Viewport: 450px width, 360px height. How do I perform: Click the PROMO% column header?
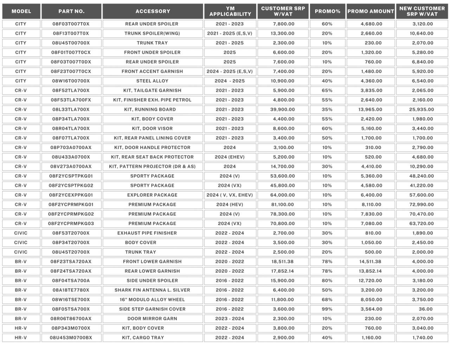(327, 11)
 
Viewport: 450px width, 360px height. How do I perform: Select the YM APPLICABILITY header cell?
(230, 11)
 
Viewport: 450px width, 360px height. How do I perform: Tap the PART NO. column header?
(71, 11)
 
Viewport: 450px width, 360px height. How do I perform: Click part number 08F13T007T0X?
(71, 33)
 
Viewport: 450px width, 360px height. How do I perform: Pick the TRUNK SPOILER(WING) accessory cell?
(152, 33)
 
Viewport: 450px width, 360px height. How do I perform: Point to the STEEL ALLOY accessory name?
(152, 81)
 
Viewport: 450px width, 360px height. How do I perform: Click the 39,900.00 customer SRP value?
(283, 109)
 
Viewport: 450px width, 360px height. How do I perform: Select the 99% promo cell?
(327, 309)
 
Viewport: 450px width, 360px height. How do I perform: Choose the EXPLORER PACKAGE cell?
(152, 195)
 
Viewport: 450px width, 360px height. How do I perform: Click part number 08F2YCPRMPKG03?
(71, 223)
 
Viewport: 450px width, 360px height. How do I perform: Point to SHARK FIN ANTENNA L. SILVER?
(152, 290)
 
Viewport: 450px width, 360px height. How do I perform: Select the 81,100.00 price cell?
(283, 204)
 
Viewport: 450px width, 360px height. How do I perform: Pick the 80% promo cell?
(327, 281)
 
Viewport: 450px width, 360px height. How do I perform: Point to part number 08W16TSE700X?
(71, 300)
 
